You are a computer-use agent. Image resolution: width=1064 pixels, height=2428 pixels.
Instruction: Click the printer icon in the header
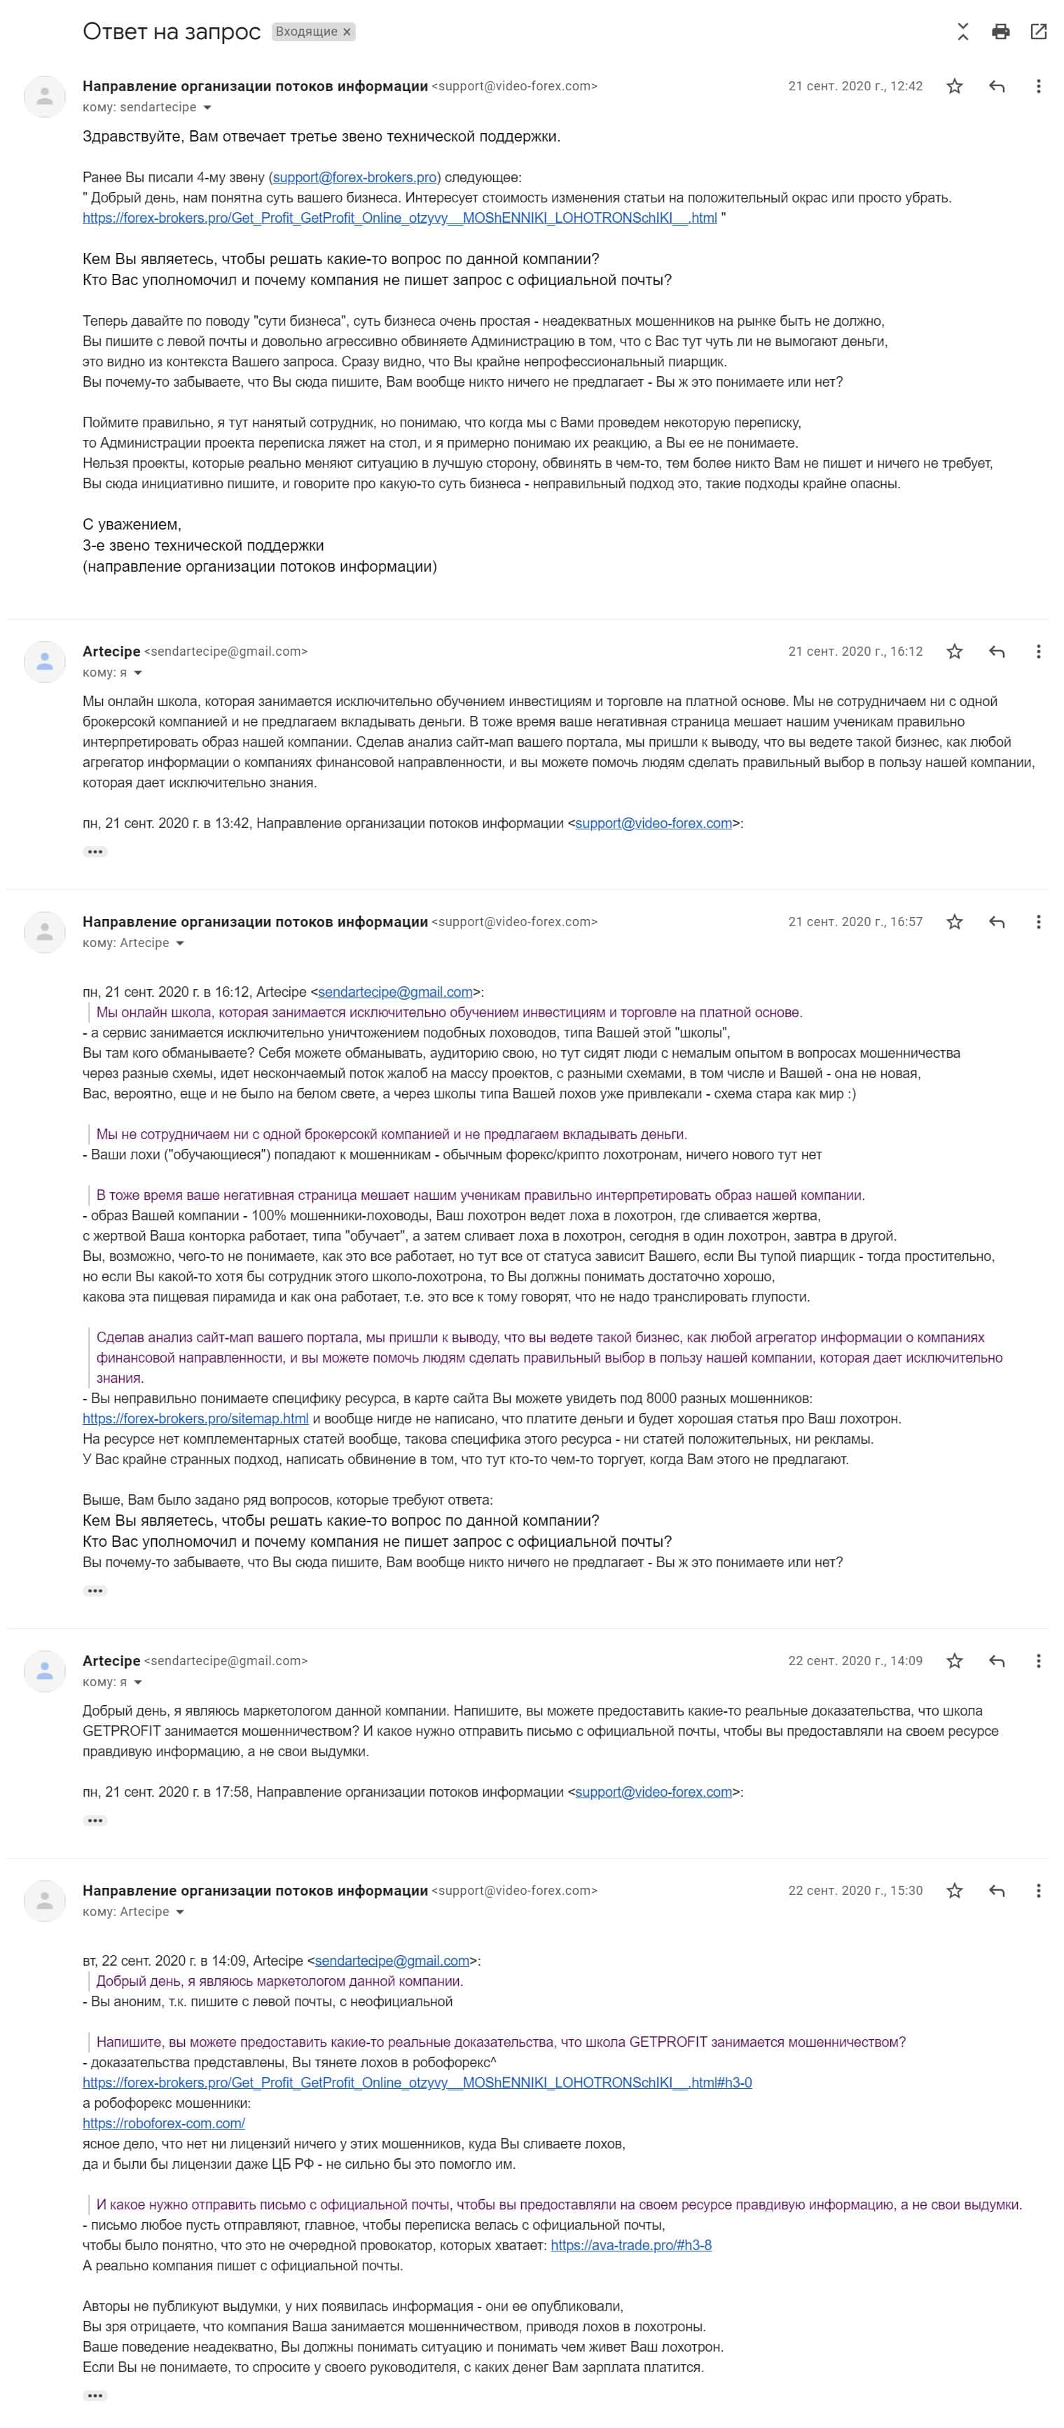[1001, 32]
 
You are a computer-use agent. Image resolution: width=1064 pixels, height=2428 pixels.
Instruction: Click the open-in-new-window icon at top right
[1039, 32]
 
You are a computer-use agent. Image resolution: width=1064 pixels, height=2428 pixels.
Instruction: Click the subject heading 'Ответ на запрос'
[172, 32]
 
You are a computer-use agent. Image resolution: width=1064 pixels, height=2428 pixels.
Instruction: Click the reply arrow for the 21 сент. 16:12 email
[996, 652]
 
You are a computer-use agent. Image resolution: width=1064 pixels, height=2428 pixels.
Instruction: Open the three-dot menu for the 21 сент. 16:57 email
[1037, 922]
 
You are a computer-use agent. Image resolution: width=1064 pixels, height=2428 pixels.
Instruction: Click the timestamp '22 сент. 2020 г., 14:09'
[855, 1661]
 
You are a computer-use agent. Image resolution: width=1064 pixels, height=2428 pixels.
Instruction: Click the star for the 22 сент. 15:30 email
[955, 1891]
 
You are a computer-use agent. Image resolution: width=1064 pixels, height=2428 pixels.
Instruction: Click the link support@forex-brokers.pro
[354, 177]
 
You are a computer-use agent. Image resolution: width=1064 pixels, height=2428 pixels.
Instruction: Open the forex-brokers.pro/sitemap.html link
[195, 1419]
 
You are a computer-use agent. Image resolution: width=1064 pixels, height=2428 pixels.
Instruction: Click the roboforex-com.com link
[164, 2123]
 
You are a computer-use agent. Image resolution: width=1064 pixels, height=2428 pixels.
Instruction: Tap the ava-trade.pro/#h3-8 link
[630, 2245]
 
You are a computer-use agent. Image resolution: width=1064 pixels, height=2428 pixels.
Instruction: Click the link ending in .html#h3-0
[417, 2083]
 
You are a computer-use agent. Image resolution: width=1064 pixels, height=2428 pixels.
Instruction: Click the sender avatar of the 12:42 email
[44, 96]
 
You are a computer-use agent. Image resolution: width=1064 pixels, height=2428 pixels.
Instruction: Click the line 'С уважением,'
[132, 525]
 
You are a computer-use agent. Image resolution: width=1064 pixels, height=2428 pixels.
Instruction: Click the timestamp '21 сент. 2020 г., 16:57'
[855, 922]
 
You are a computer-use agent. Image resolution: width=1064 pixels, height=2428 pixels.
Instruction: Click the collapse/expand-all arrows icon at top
[962, 32]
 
